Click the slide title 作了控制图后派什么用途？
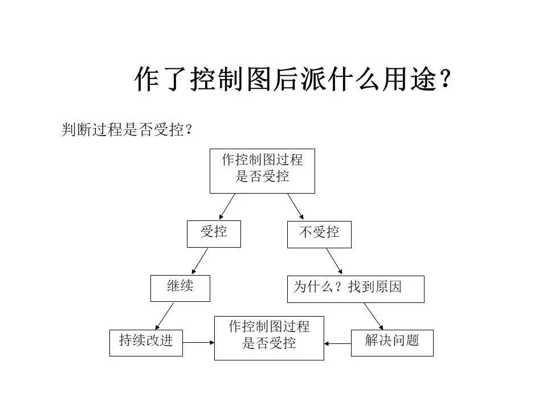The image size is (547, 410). point(293,79)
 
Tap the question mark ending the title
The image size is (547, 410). point(445,79)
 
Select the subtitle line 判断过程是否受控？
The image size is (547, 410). point(126,130)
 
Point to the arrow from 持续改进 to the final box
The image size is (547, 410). point(198,342)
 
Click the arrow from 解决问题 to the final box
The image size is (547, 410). point(338,343)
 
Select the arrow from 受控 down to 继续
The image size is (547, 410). point(200,261)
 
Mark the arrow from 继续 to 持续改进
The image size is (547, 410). point(164,316)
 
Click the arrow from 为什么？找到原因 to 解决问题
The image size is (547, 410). point(374,316)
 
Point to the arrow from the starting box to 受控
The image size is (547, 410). point(227,206)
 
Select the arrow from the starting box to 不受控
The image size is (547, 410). point(296,206)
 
